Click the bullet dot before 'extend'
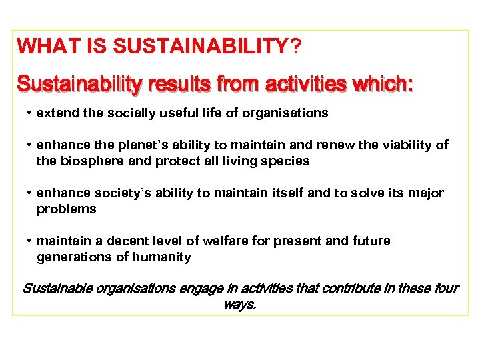tap(30, 113)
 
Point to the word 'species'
tap(288, 161)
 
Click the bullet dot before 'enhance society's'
tap(30, 193)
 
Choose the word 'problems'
tap(66, 209)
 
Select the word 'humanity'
tap(163, 257)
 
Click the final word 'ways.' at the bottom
tap(240, 305)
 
